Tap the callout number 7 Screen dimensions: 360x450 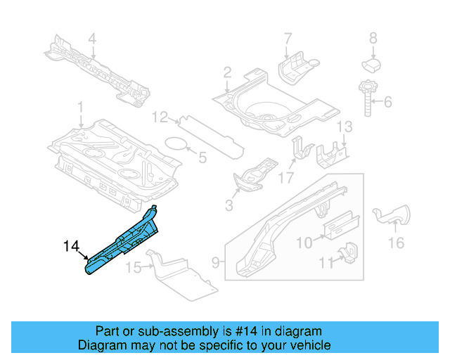coord(287,37)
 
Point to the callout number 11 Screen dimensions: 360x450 coord(323,263)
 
